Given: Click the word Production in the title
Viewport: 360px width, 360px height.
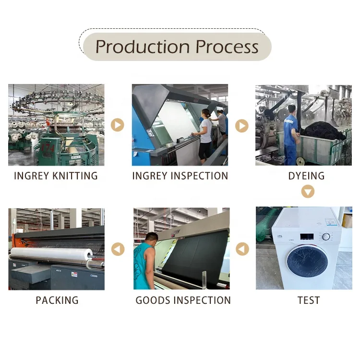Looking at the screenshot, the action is click(136, 47).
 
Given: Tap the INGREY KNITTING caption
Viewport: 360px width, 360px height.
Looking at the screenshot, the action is click(56, 176).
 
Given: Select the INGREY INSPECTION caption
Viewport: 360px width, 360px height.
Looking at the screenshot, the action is click(180, 176).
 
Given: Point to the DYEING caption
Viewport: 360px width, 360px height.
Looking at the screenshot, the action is click(306, 176).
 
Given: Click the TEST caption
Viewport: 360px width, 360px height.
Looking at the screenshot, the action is click(308, 300).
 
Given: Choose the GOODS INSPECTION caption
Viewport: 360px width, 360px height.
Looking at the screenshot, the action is click(183, 300).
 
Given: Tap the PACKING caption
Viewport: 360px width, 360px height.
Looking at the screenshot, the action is click(57, 300).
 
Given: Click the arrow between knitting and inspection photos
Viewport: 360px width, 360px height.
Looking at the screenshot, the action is click(118, 125).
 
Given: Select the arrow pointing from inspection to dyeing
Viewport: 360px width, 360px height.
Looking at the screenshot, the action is click(241, 126).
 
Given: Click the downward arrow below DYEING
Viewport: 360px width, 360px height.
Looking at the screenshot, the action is click(308, 192).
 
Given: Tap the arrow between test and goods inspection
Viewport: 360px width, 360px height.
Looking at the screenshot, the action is click(242, 249).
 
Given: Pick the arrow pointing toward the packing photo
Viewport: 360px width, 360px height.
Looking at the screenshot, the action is click(118, 249).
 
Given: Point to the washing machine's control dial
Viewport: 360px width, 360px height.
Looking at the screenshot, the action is click(326, 237).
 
